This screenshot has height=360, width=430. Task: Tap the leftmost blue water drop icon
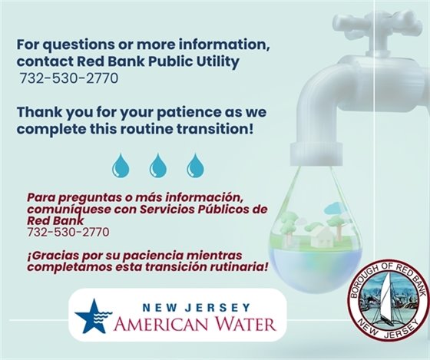tap(121, 164)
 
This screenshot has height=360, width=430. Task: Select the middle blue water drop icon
tap(158, 164)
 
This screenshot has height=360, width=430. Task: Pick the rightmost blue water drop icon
tap(197, 164)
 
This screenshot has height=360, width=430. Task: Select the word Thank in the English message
tap(38, 111)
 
